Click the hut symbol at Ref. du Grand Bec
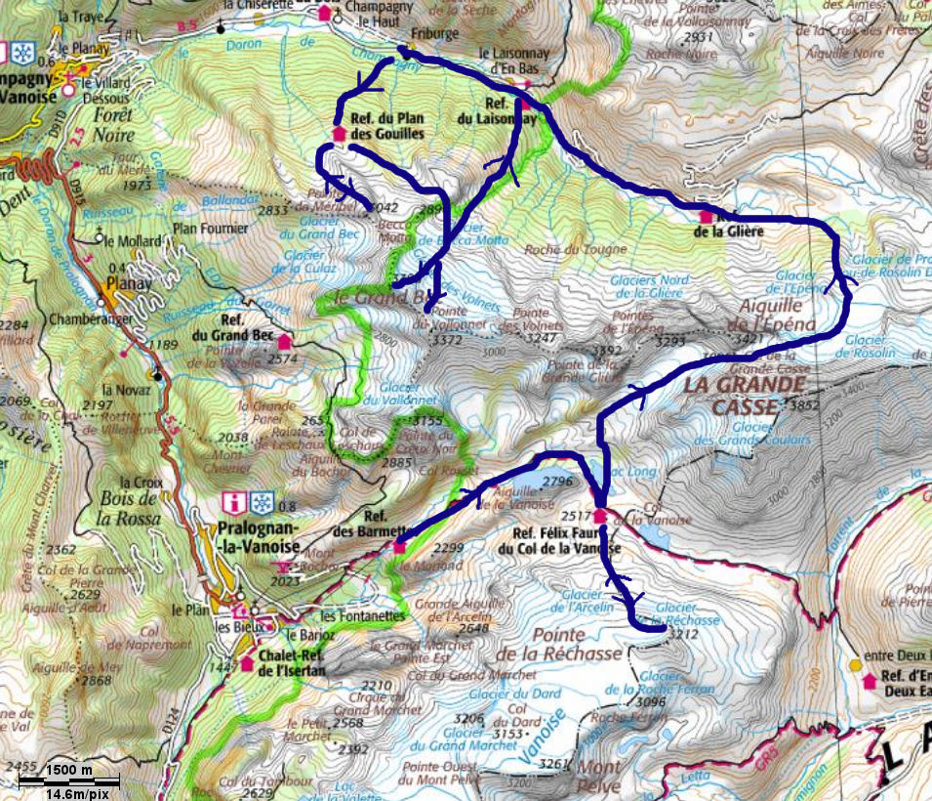coord(284,342)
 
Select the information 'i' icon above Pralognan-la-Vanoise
coord(233,503)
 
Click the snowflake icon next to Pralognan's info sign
coord(261,503)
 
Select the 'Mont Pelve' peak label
coord(598,776)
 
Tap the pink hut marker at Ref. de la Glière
coord(706,216)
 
